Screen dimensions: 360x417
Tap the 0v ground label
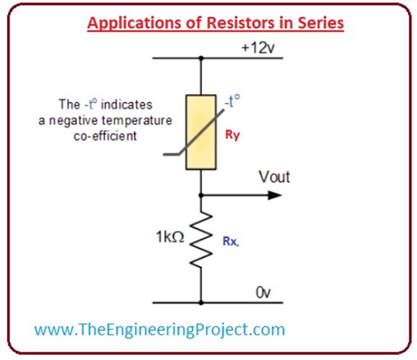tap(263, 293)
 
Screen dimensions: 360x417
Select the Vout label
tap(274, 177)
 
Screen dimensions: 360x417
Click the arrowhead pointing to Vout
tap(275, 194)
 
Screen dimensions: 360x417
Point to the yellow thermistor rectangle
tap(201, 132)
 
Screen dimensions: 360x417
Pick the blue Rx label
tap(230, 242)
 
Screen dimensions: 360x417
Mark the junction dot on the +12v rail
tap(201, 58)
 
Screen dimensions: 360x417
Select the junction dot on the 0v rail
tap(201, 302)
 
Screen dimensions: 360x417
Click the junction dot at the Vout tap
tap(201, 194)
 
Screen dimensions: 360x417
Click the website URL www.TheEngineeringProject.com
tap(159, 329)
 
